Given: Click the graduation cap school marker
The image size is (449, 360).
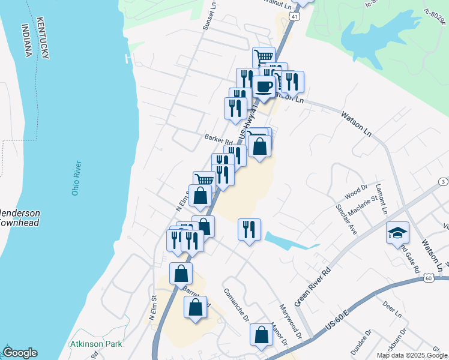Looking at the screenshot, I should [397, 233].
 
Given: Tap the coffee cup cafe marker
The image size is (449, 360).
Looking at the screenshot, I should [264, 86].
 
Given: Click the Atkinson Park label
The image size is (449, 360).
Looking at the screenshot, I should [96, 344].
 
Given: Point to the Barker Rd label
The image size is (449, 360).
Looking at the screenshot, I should [218, 137].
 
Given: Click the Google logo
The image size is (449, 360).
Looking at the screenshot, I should [20, 353].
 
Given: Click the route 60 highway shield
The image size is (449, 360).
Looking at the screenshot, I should [427, 278].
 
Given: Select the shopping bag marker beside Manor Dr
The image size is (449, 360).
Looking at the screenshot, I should [262, 336].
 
